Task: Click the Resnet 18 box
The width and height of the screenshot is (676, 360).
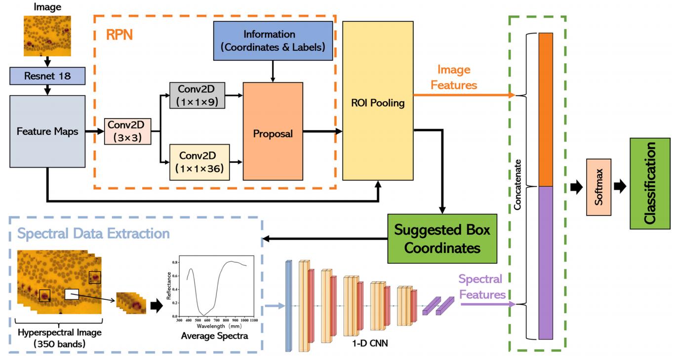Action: point(47,77)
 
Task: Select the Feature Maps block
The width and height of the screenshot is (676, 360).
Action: point(47,132)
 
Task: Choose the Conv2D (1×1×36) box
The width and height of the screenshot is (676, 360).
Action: point(199,161)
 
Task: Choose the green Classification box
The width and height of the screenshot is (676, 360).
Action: point(650,184)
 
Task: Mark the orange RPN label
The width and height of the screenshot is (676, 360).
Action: point(119,35)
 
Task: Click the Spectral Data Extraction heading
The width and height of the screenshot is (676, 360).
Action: point(94,233)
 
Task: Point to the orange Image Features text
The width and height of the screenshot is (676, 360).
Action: point(453,78)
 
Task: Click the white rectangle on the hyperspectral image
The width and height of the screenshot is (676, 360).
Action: point(72,294)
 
